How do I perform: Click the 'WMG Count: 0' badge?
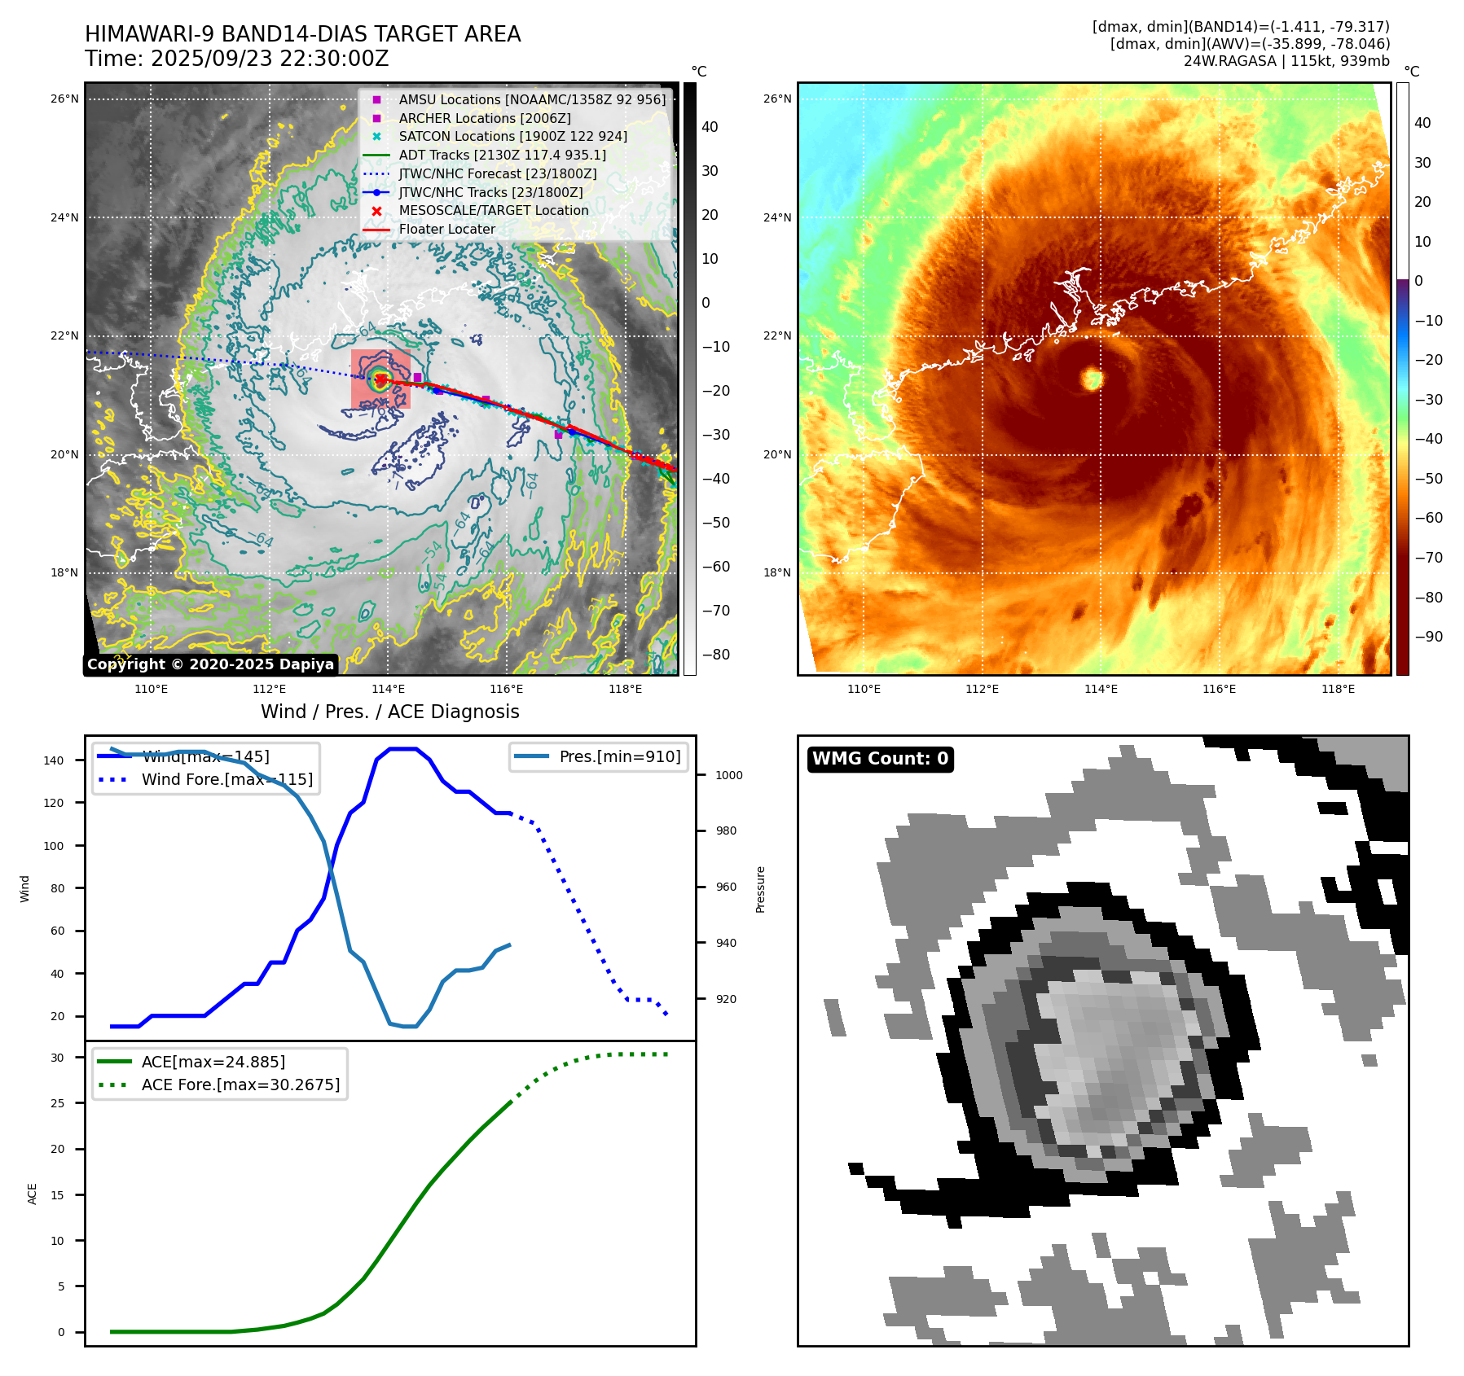point(880,759)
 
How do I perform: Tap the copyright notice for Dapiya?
point(210,664)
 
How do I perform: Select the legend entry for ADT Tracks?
point(502,155)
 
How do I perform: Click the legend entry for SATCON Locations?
point(512,136)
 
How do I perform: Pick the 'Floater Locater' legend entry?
point(446,229)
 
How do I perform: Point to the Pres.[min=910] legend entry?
point(619,756)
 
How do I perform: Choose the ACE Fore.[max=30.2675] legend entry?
point(240,1085)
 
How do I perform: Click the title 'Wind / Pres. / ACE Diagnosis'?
point(389,712)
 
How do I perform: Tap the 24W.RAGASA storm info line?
point(1286,61)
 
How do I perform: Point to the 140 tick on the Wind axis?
point(54,760)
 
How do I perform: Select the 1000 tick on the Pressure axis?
point(728,775)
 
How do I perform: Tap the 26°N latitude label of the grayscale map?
point(64,99)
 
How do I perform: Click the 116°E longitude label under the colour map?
point(1219,689)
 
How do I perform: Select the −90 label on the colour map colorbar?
point(1428,637)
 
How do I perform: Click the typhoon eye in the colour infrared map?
point(1092,378)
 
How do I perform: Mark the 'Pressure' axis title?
point(760,889)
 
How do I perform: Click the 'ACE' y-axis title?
point(33,1194)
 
